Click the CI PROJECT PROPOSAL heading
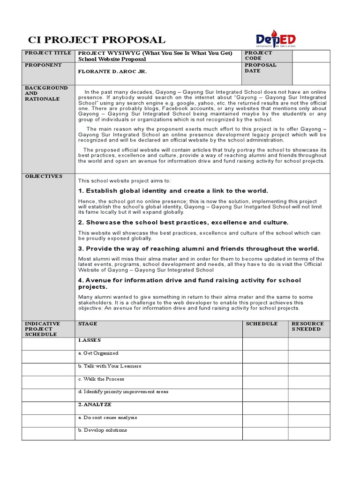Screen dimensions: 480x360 pos(97,40)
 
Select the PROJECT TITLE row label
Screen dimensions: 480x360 pos(48,53)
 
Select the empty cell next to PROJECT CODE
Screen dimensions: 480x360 pos(311,56)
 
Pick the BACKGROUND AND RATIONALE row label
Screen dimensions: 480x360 pos(46,93)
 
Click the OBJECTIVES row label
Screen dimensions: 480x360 pos(44,176)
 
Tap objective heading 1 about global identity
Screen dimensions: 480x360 pos(173,191)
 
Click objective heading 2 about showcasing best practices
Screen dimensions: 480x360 pos(183,222)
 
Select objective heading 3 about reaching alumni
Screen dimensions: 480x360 pos(198,248)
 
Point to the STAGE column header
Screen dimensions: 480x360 pos(88,324)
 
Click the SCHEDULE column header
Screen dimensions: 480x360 pos(262,324)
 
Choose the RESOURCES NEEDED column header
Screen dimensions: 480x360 pos(307,326)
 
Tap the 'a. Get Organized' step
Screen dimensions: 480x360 pos(98,353)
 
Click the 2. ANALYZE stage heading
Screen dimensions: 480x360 pos(95,404)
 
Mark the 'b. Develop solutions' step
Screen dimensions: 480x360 pos(103,430)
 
